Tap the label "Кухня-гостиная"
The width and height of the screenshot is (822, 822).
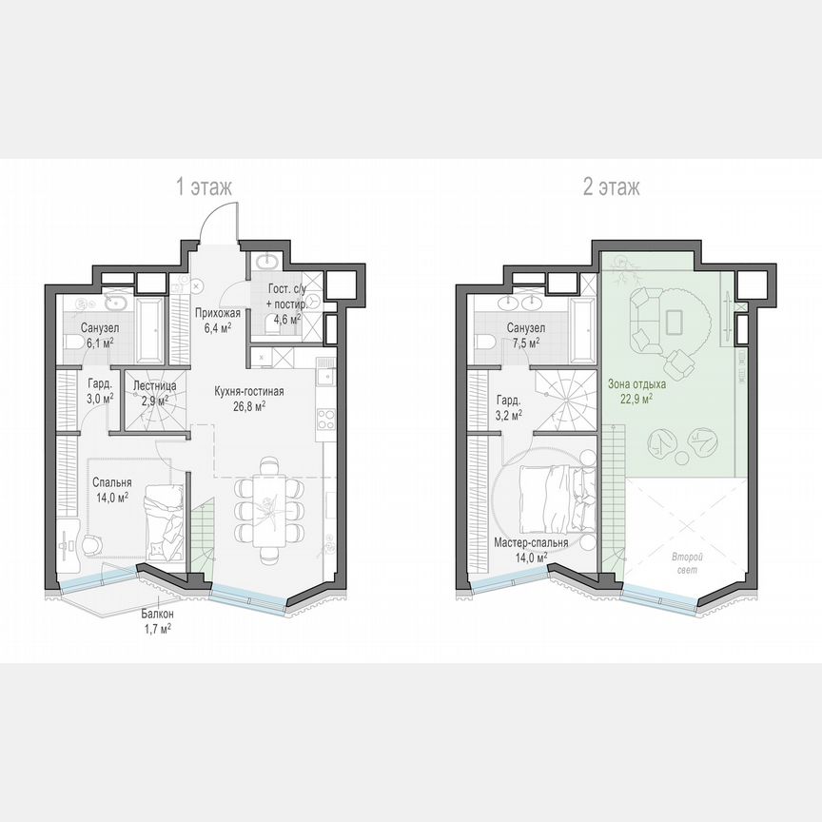pos(249,391)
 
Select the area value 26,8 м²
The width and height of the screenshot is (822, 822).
pos(249,404)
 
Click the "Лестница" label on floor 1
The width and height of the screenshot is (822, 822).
pos(153,386)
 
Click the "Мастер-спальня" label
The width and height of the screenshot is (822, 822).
pos(531,543)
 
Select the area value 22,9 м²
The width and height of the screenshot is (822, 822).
pos(636,399)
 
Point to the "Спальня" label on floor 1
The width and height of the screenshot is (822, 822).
pos(110,481)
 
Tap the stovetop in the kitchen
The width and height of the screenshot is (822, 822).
pos(323,418)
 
